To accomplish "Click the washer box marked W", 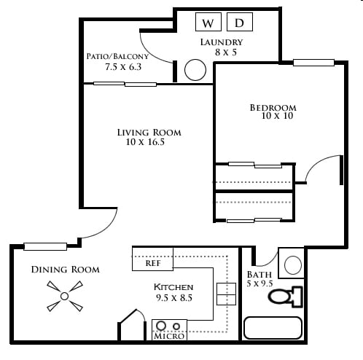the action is click(x=208, y=22).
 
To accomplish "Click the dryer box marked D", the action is click(x=240, y=22).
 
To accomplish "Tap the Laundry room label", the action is click(x=222, y=42).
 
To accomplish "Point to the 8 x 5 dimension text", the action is click(x=226, y=52).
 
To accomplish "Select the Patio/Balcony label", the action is click(x=117, y=56).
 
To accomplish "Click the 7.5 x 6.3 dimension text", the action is click(x=123, y=66).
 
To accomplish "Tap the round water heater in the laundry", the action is click(x=195, y=70).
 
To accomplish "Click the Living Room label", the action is click(x=149, y=133).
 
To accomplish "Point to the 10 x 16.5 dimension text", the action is click(x=145, y=142).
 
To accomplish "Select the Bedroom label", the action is click(x=273, y=108).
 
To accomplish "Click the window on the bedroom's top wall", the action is click(x=313, y=63).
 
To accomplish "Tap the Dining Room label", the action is click(x=66, y=270).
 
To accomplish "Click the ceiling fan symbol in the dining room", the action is click(x=65, y=296).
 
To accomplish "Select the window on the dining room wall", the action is click(x=45, y=246).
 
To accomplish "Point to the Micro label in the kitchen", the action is click(x=169, y=336).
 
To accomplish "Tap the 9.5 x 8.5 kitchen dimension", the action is click(x=174, y=298).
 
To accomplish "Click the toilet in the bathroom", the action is click(x=286, y=297).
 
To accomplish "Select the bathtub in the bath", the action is click(x=273, y=328).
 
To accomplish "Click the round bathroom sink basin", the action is click(x=293, y=265).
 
